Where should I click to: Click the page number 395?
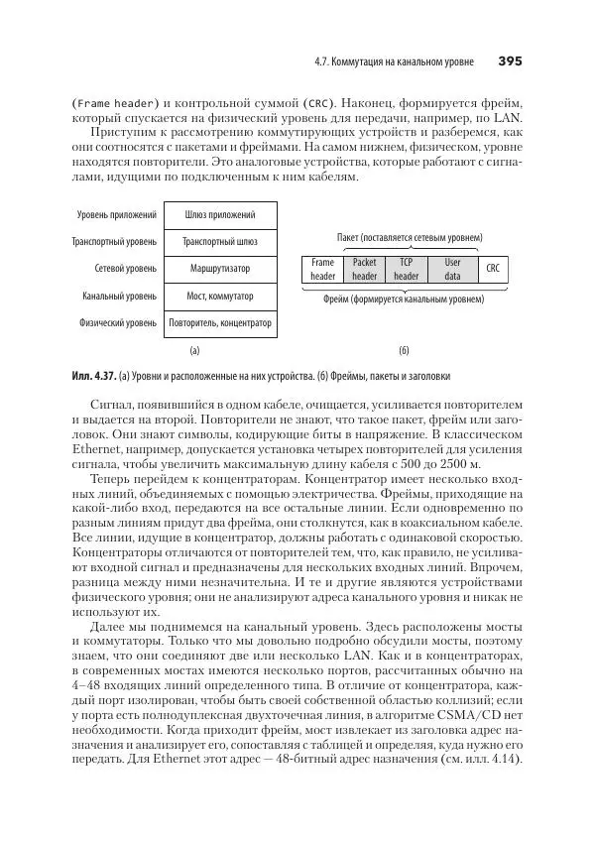tap(510, 61)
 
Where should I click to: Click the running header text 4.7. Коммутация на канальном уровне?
tap(391, 62)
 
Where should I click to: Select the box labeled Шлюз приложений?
tap(220, 214)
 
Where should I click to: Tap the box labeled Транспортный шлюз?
tap(220, 241)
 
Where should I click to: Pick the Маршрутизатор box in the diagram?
tap(220, 268)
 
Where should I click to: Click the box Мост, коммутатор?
tap(220, 296)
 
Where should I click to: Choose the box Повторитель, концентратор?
tap(220, 322)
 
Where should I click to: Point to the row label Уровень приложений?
tap(117, 214)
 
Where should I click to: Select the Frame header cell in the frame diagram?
tap(322, 270)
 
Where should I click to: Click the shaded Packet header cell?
tap(365, 270)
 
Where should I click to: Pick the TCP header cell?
tap(406, 270)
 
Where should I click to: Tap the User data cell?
tap(452, 270)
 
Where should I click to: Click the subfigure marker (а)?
tap(194, 350)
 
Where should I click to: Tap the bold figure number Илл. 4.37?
tap(94, 376)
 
